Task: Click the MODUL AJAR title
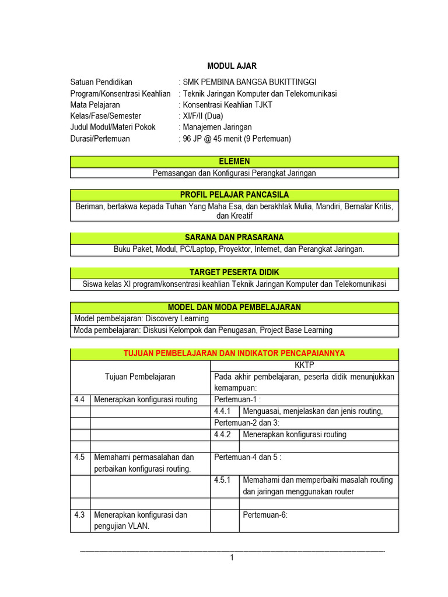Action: tap(232, 66)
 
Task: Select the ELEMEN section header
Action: tap(235, 161)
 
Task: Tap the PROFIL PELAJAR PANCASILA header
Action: tap(235, 195)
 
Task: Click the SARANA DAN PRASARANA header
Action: tap(235, 238)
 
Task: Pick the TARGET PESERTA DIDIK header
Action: tap(235, 272)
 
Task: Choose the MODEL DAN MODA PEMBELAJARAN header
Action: tap(235, 307)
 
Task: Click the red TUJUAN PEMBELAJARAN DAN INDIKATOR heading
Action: tap(235, 353)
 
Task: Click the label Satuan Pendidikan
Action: tap(101, 82)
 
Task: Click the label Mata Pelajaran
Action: tap(95, 105)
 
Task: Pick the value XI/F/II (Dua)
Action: tap(203, 116)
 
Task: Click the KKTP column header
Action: tap(304, 365)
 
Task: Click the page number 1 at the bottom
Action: tap(232, 558)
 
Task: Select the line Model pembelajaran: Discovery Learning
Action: tap(142, 319)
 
